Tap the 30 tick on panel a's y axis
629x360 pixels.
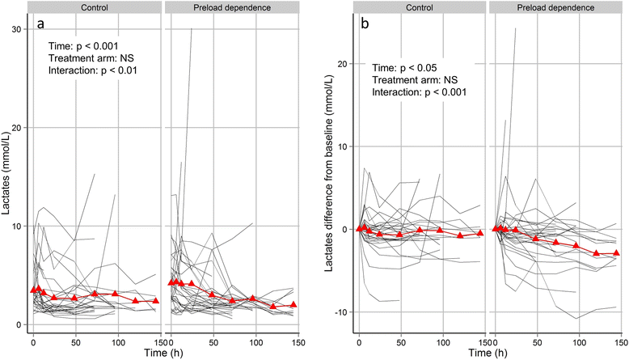(x=18, y=28)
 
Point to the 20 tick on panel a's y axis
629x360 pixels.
(x=18, y=127)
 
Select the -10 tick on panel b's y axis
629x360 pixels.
(x=342, y=312)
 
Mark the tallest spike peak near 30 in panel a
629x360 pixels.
(x=191, y=28)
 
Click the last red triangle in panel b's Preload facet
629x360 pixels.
(x=617, y=253)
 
